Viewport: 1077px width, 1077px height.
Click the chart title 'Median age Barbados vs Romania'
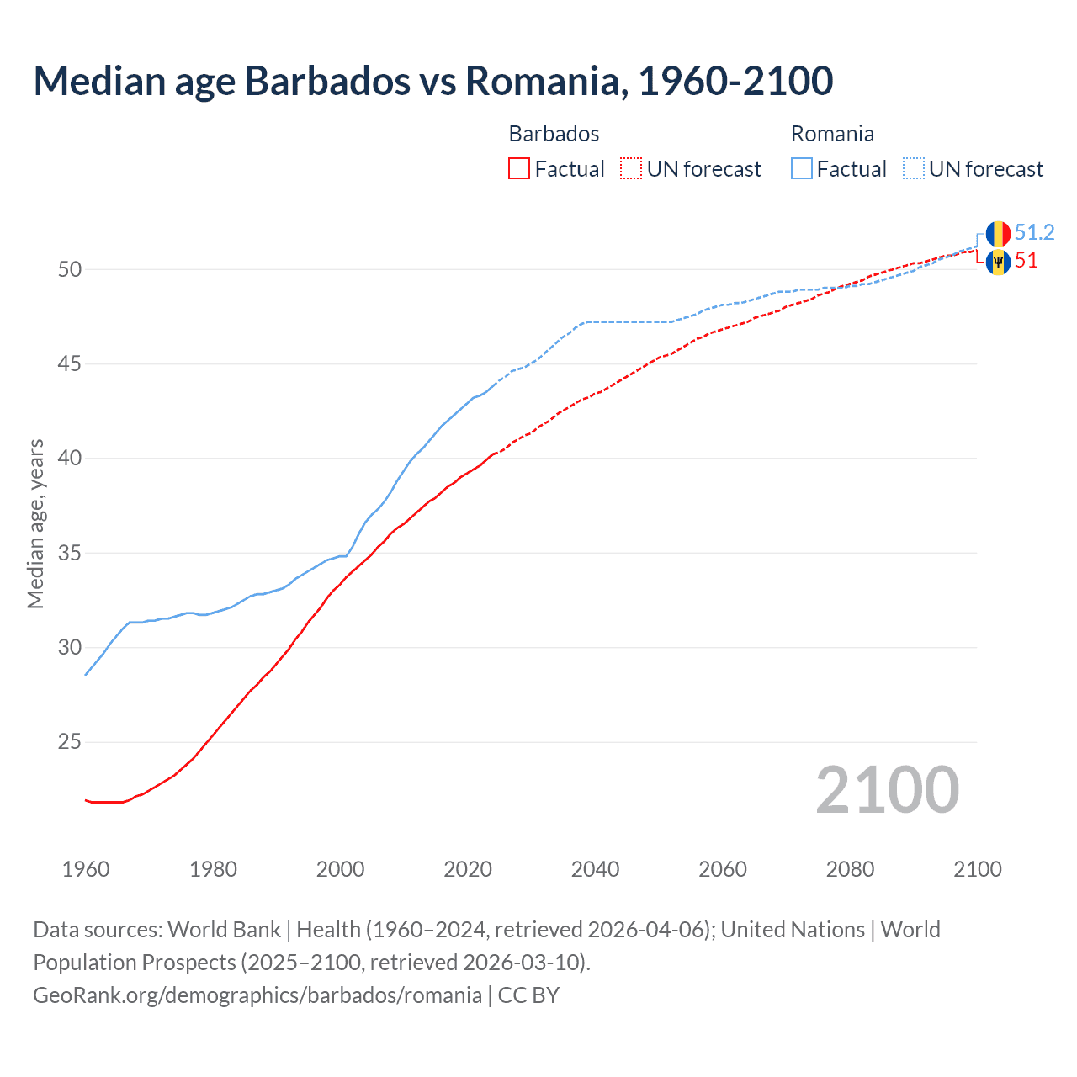(432, 81)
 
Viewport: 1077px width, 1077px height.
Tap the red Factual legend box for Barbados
(519, 168)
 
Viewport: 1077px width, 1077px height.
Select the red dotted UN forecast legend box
(631, 168)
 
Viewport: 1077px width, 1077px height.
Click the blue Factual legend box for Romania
(801, 168)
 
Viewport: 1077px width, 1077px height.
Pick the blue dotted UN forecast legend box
(913, 168)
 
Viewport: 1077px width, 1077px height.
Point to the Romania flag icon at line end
(998, 234)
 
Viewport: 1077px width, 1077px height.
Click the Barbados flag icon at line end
(998, 262)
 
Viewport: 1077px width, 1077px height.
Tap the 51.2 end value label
(1034, 232)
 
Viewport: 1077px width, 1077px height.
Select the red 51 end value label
(1026, 261)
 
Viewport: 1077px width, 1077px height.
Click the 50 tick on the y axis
(70, 270)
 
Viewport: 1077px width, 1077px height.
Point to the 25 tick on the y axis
(70, 742)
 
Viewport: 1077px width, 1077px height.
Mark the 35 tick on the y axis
(70, 554)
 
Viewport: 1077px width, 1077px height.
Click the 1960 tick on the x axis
(86, 869)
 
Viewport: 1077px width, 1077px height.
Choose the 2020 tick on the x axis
(468, 869)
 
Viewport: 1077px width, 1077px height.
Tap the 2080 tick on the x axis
(850, 869)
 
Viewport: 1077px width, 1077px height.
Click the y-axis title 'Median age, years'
(35, 523)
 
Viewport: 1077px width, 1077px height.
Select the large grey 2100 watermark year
(887, 790)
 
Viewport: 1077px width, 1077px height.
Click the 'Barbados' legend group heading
(554, 134)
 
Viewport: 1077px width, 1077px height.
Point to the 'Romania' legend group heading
(832, 134)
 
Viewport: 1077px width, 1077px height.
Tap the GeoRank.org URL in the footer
(257, 995)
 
